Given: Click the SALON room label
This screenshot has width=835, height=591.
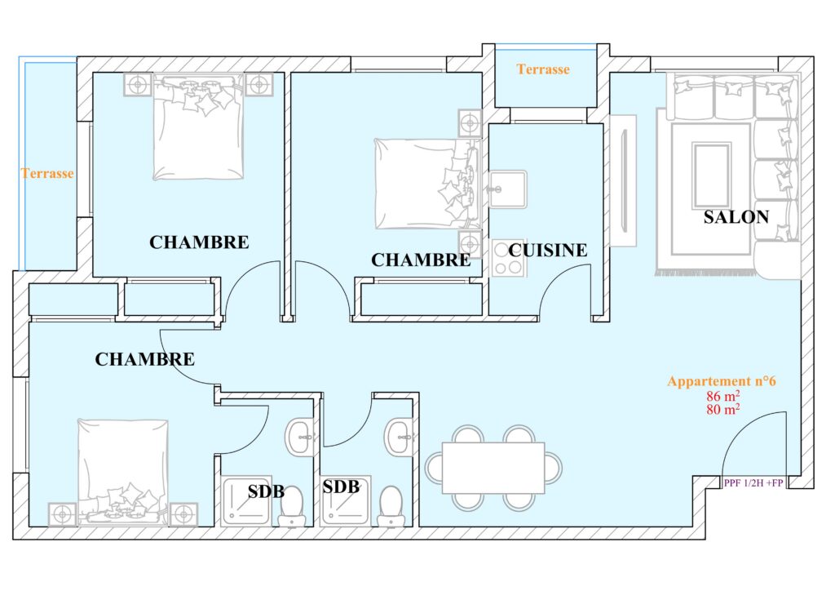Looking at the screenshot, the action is click(x=736, y=217).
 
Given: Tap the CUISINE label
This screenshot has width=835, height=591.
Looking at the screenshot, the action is click(x=547, y=250).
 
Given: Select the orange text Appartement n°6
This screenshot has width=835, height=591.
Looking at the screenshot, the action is click(x=722, y=381).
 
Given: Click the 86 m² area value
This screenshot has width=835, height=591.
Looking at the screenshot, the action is click(x=722, y=396).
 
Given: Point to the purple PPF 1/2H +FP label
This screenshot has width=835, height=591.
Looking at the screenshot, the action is click(x=753, y=482).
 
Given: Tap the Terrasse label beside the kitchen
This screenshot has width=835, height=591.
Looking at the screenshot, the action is click(x=542, y=69).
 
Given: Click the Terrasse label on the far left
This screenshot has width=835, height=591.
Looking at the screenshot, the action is click(x=46, y=173).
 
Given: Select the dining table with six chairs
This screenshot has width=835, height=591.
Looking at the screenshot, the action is click(x=493, y=468).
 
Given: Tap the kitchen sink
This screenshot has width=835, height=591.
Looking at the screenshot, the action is click(x=507, y=189).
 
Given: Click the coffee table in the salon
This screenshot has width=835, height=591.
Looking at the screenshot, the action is click(x=711, y=175).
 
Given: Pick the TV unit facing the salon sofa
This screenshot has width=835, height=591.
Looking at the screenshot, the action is click(x=623, y=180).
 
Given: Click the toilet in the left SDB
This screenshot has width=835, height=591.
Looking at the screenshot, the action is click(x=291, y=507).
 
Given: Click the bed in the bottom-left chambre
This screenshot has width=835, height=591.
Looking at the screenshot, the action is click(x=123, y=472).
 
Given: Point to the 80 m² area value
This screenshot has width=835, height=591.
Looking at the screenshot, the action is click(x=722, y=409).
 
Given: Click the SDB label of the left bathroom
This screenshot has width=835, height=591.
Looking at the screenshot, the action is click(x=266, y=491).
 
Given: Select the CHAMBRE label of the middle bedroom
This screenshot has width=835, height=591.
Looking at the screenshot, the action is click(x=421, y=260).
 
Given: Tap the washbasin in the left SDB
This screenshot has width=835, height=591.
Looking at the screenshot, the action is click(x=300, y=438).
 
